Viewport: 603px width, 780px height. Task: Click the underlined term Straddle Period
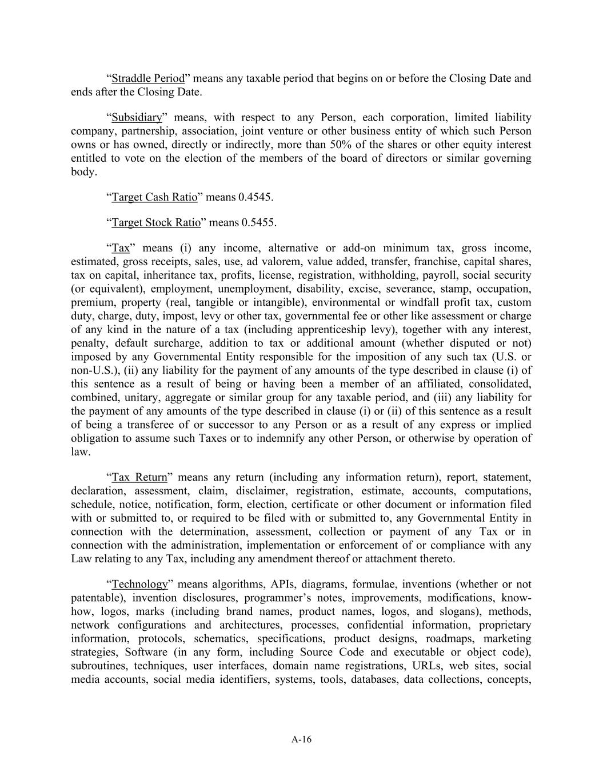click(x=148, y=78)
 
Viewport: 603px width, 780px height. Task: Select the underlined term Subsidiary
click(x=137, y=118)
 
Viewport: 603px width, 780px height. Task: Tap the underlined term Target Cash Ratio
click(x=154, y=198)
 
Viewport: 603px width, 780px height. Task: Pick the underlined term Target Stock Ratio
click(x=156, y=223)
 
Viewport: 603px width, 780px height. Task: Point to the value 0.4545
click(x=255, y=198)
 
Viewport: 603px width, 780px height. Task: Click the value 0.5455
click(x=259, y=223)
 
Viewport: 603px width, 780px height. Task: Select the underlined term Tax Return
click(x=139, y=478)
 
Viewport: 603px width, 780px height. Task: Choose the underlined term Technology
click(x=140, y=585)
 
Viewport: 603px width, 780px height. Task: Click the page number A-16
click(x=301, y=739)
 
